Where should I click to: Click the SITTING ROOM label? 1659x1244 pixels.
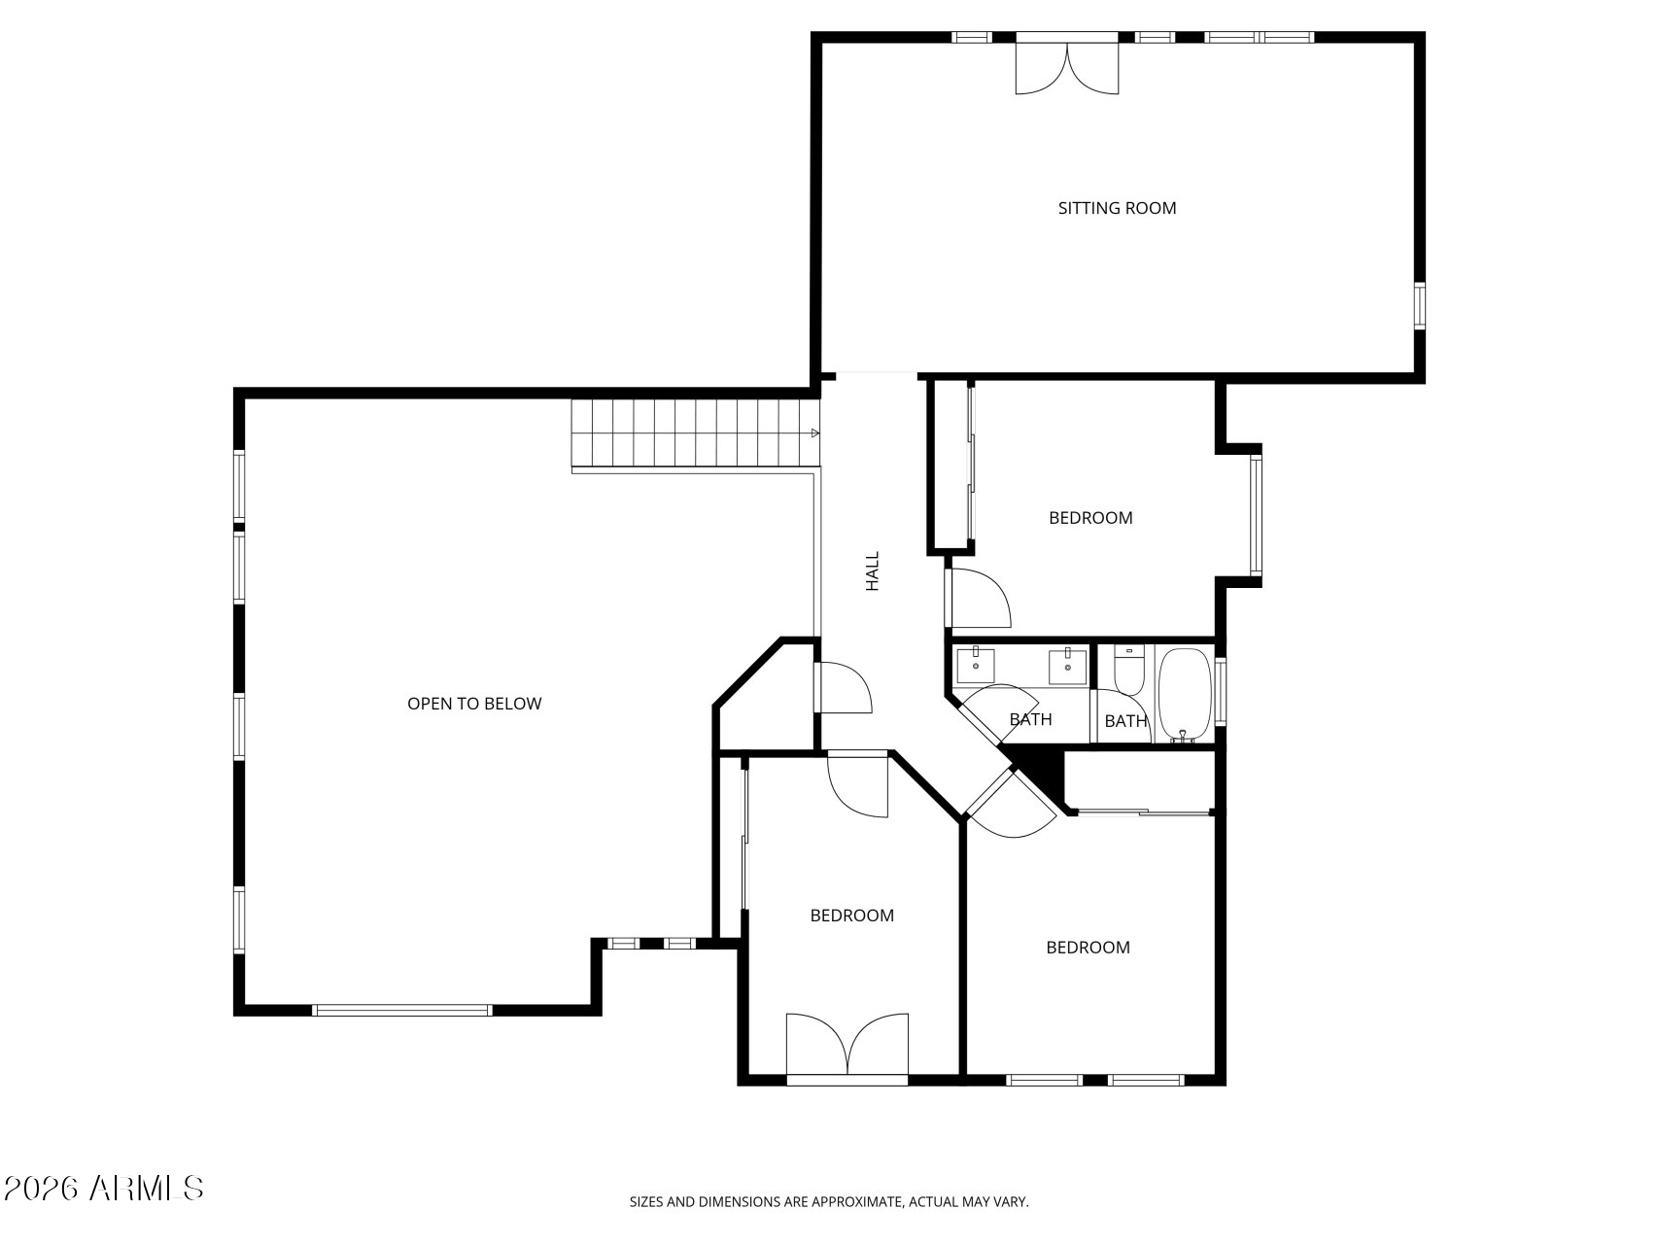1117,208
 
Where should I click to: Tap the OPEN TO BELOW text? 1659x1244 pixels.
474,704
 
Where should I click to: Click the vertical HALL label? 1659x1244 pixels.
873,571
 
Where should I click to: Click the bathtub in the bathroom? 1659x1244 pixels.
1183,694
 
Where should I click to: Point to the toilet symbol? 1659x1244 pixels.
1128,672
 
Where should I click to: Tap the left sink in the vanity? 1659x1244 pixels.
975,666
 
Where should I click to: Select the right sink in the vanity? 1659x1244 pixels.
1067,666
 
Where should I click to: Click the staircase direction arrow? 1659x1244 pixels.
814,433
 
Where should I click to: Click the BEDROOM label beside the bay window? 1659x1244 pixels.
1090,518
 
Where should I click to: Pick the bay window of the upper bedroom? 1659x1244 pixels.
1256,515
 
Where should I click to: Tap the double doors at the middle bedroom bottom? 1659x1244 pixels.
847,1045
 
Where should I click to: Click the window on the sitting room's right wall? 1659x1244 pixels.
1419,306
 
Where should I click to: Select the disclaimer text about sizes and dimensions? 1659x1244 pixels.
829,1202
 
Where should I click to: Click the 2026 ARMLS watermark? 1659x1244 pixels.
103,1188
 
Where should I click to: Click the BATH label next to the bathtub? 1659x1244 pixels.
1125,721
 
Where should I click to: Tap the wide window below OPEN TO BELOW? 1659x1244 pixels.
402,1011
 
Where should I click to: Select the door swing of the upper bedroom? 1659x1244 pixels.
980,599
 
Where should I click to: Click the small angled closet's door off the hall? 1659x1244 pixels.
843,688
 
